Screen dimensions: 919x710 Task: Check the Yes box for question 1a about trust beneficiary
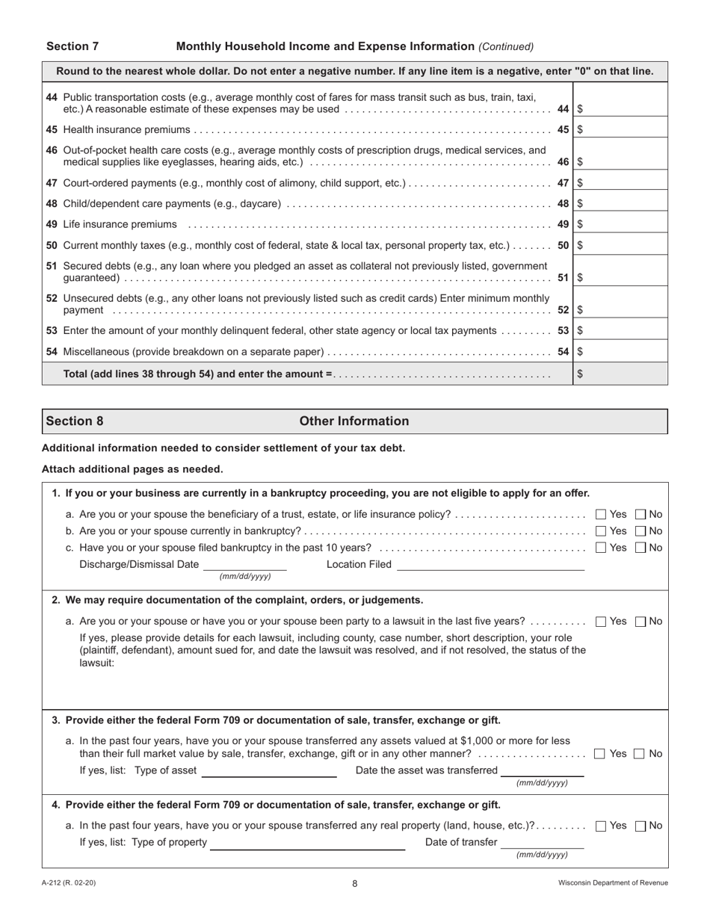pos(601,514)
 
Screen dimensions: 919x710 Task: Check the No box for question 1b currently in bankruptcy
pos(640,531)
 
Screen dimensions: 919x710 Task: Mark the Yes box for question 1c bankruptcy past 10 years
pos(601,548)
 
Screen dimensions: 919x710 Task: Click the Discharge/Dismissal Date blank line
pos(244,565)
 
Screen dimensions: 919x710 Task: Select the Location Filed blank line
pos(490,565)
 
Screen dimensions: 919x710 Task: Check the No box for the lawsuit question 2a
pos(640,621)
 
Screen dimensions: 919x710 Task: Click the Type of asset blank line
pos(269,771)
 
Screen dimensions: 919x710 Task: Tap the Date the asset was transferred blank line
pos(543,771)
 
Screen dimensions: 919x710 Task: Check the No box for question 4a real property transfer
pos(640,826)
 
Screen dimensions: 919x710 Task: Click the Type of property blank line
pos(307,843)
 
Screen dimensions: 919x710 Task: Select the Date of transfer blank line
pos(543,843)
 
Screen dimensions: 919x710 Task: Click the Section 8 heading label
pos(75,421)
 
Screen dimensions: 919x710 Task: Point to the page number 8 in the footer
pos(355,883)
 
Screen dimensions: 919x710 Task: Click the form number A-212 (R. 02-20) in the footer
pos(69,883)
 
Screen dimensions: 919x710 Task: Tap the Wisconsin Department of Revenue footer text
pos(613,883)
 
